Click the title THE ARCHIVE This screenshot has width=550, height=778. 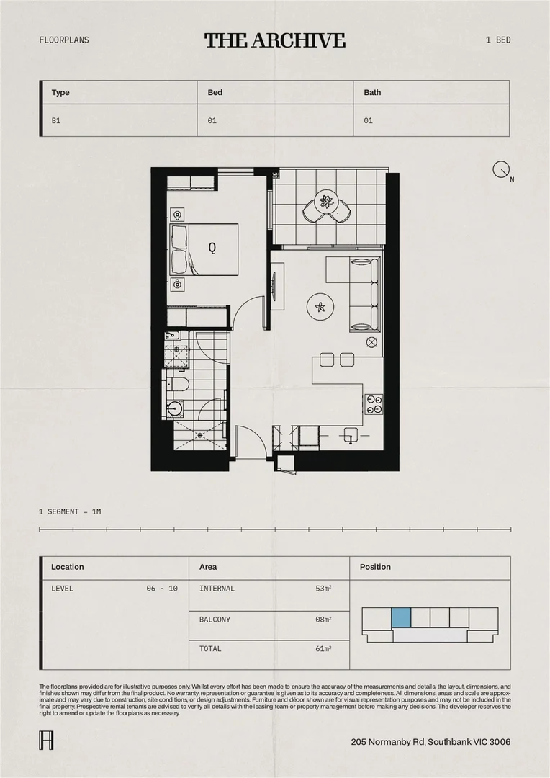[274, 40]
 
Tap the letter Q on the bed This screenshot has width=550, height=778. [212, 248]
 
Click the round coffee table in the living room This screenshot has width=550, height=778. [320, 308]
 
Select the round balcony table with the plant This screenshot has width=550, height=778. [326, 202]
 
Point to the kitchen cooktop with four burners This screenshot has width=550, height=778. [374, 404]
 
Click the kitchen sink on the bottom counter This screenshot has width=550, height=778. [350, 435]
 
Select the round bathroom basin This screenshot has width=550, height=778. [173, 409]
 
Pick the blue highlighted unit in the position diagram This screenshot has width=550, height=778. [401, 617]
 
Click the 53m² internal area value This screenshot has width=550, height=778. [323, 589]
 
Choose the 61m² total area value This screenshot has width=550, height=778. [323, 649]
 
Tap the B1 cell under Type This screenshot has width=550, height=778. [56, 121]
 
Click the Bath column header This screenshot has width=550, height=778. [372, 92]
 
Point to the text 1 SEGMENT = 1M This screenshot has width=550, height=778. [70, 511]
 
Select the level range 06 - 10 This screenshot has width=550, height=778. [162, 589]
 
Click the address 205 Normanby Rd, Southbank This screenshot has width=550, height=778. [430, 742]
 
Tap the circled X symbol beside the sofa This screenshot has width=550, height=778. [371, 342]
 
